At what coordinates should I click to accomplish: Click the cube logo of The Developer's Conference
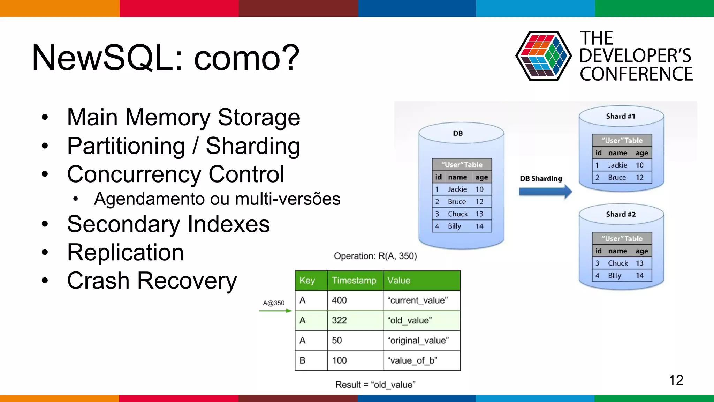pyautogui.click(x=543, y=56)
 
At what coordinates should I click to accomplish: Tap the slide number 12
pyautogui.click(x=676, y=380)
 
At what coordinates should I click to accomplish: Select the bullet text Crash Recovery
pyautogui.click(x=152, y=281)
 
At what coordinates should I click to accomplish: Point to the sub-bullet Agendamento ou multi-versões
pyautogui.click(x=217, y=199)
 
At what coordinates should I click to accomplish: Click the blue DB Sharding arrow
pyautogui.click(x=545, y=192)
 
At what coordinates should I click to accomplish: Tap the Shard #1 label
pyautogui.click(x=621, y=116)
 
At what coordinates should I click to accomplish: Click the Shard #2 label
pyautogui.click(x=621, y=214)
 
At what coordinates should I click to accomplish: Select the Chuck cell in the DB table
pyautogui.click(x=457, y=214)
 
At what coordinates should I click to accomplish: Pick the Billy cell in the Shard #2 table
pyautogui.click(x=614, y=276)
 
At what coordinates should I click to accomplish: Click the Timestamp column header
pyautogui.click(x=354, y=281)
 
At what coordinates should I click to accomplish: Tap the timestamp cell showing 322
pyautogui.click(x=339, y=320)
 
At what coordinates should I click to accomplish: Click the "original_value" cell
pyautogui.click(x=418, y=341)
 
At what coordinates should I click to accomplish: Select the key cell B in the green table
pyautogui.click(x=303, y=360)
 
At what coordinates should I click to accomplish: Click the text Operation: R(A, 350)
pyautogui.click(x=375, y=256)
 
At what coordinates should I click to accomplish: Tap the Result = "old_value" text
pyautogui.click(x=375, y=385)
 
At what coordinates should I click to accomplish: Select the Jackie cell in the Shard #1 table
pyautogui.click(x=617, y=165)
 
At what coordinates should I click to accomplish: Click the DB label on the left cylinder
pyautogui.click(x=458, y=133)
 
